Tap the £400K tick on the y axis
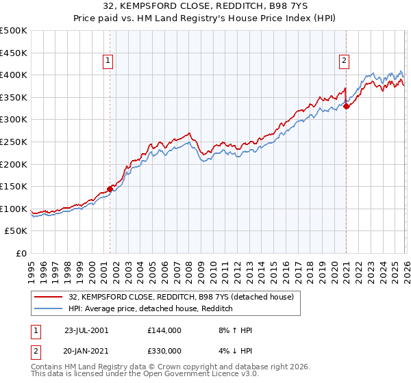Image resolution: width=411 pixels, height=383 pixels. pyautogui.click(x=14, y=75)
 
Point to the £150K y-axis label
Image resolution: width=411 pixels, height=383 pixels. pyautogui.click(x=14, y=186)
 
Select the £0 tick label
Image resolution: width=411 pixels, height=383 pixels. pyautogui.click(x=21, y=253)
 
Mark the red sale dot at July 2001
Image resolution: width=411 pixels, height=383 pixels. pyautogui.click(x=110, y=189)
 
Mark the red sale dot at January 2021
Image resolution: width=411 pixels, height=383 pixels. pyautogui.click(x=346, y=105)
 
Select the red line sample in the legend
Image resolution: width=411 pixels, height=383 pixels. pyautogui.click(x=48, y=297)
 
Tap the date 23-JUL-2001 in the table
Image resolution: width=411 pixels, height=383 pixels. pyautogui.click(x=86, y=330)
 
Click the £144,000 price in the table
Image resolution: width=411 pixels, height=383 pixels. pyautogui.click(x=164, y=330)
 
